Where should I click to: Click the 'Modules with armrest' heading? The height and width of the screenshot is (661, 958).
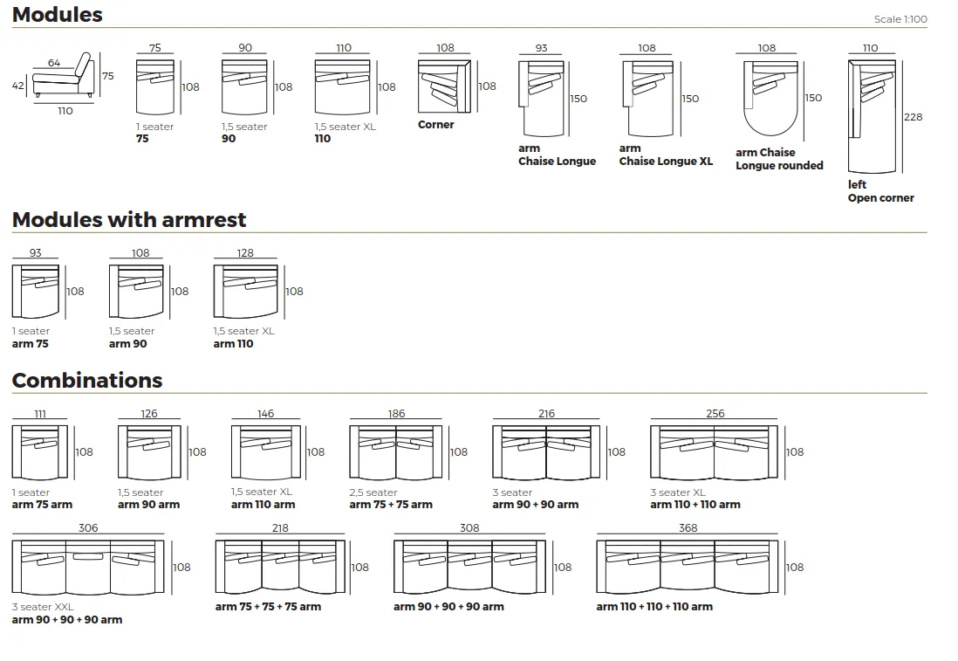tap(129, 220)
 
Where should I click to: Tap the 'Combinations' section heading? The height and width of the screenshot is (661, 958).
tap(87, 381)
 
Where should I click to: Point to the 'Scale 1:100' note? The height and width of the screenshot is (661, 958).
tap(900, 19)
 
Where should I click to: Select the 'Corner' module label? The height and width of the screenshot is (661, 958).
tap(436, 125)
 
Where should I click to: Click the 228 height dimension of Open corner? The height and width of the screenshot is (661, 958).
tap(914, 117)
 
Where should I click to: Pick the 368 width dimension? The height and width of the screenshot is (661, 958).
tap(688, 528)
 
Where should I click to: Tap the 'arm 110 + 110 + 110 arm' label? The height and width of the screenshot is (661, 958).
tap(654, 607)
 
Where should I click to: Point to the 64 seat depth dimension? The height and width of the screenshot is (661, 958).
tap(54, 63)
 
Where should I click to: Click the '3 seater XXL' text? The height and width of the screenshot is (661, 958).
tap(43, 607)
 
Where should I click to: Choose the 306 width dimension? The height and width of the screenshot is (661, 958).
tap(88, 528)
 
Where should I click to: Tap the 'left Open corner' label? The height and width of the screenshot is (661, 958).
tap(880, 191)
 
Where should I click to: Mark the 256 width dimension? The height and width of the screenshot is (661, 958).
tap(715, 414)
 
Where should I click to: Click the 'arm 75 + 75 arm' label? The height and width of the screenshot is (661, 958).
tap(391, 505)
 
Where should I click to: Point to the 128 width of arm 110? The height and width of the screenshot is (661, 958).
tap(245, 253)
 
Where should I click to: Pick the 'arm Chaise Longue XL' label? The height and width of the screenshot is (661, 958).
tap(666, 155)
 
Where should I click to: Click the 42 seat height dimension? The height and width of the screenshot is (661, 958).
tap(17, 86)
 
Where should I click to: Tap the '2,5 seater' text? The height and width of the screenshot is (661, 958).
tap(373, 492)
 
